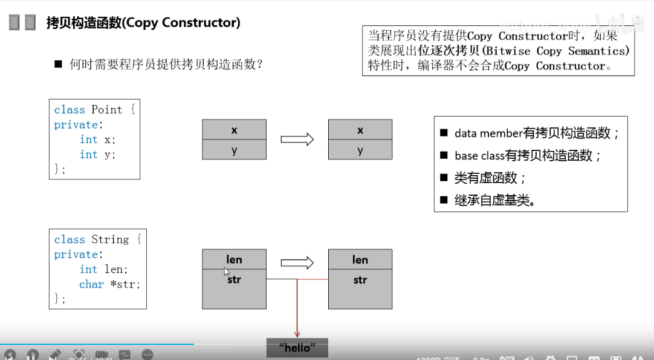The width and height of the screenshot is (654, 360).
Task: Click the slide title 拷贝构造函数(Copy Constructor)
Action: point(143,23)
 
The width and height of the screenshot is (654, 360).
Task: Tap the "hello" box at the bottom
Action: point(297,348)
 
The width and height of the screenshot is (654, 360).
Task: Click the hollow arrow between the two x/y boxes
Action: point(297,140)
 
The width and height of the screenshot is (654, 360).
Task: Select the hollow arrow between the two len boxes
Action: point(297,263)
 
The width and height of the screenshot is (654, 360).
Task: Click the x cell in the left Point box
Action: point(234,130)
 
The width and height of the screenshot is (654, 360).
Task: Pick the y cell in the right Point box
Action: point(360,150)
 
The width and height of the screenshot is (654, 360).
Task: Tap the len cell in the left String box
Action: point(234,260)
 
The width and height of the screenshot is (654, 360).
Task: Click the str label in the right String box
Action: point(360,280)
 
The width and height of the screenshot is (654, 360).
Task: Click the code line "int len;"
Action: point(103,269)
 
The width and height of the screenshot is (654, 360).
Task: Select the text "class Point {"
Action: point(95,109)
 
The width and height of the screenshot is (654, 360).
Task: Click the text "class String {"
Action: point(97,239)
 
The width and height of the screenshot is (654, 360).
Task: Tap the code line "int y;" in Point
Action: point(97,155)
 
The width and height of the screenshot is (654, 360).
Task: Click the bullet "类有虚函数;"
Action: point(490,178)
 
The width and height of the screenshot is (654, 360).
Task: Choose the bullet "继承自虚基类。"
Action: point(494,201)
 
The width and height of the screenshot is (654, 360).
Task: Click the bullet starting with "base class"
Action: point(528,156)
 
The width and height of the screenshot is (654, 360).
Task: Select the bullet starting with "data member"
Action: point(537,133)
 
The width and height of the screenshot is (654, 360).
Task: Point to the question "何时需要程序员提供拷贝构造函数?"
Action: point(166,63)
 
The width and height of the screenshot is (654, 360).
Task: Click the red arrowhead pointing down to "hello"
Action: point(297,333)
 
